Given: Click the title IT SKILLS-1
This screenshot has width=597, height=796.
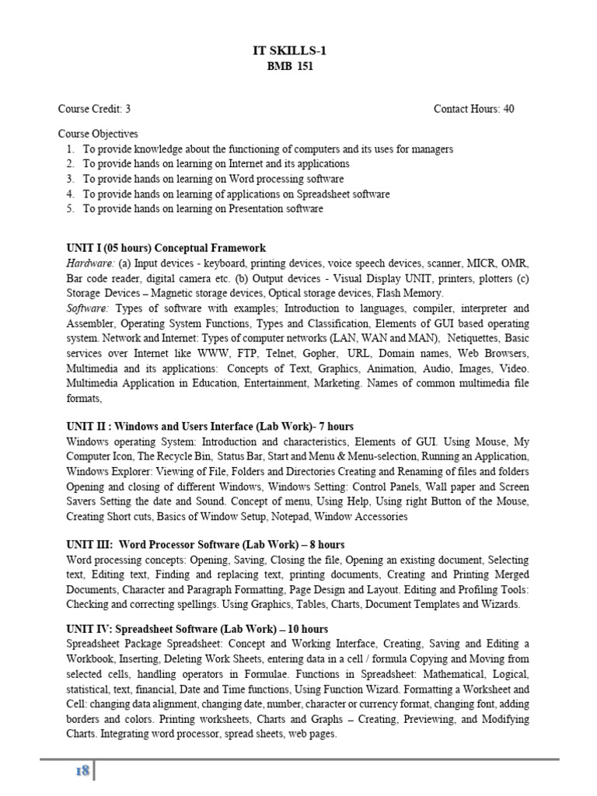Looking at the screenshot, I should [285, 51].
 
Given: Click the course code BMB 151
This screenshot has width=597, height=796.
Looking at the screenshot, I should [285, 67].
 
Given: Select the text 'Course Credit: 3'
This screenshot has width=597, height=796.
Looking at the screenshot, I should [94, 109].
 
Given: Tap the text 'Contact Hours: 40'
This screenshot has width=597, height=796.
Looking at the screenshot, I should [473, 109].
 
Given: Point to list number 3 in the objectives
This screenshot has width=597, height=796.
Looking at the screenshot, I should [70, 179].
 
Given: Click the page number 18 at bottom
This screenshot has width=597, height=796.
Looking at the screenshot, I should [82, 771].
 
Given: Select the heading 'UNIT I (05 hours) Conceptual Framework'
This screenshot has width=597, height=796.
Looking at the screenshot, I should [166, 248].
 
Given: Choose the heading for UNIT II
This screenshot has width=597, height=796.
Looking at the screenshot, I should [210, 427].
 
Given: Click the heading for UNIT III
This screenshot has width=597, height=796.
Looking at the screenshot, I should [205, 544].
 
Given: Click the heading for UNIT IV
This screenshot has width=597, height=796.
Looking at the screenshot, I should [197, 629].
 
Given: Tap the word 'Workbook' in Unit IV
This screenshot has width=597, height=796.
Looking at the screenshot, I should [89, 659].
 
